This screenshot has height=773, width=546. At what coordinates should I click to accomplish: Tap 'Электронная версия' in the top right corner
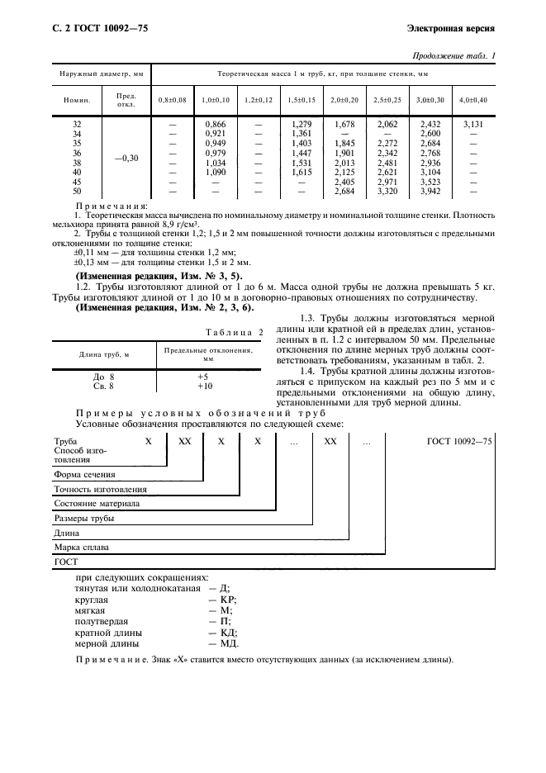click(451, 29)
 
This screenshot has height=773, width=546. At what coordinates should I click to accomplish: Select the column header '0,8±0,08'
click(173, 100)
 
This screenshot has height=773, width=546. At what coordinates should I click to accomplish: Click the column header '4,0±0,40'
click(473, 100)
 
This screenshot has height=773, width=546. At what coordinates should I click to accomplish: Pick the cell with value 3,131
click(473, 124)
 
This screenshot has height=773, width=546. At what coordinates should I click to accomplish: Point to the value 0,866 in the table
click(215, 124)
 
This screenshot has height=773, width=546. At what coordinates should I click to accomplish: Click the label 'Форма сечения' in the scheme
click(84, 475)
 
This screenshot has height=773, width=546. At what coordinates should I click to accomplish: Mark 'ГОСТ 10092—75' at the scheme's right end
click(459, 443)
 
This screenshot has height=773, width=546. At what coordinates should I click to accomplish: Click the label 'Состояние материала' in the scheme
click(97, 504)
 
